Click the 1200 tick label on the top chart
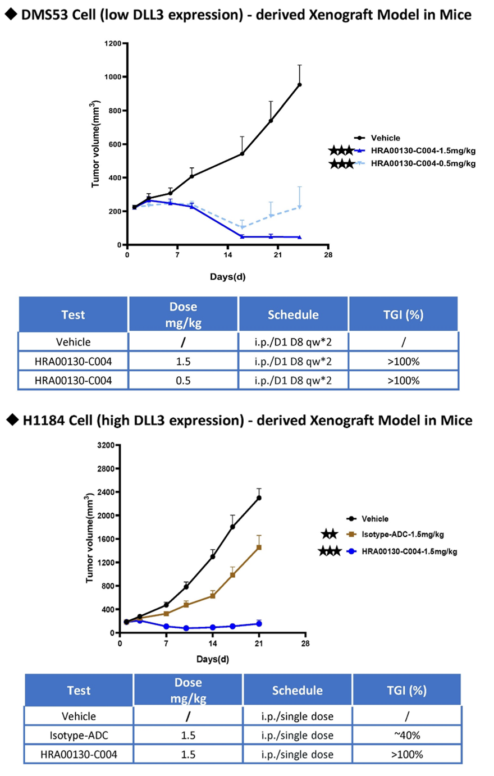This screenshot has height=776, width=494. pyautogui.click(x=113, y=43)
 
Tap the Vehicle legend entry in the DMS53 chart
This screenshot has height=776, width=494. pyautogui.click(x=385, y=138)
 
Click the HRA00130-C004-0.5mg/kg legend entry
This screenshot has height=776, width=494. pyautogui.click(x=423, y=163)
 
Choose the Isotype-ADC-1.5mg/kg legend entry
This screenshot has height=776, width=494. pyautogui.click(x=402, y=535)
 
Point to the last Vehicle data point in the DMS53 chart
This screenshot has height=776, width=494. pyautogui.click(x=300, y=85)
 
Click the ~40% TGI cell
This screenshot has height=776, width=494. pyautogui.click(x=407, y=736)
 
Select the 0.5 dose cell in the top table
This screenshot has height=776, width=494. pyautogui.click(x=183, y=381)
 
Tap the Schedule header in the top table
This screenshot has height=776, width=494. pyautogui.click(x=293, y=314)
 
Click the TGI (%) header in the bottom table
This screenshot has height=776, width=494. pyautogui.click(x=407, y=690)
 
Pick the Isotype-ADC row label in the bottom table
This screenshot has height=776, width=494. pyautogui.click(x=79, y=736)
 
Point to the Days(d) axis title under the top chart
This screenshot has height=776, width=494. pyautogui.click(x=227, y=277)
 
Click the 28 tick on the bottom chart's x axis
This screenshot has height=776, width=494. pyautogui.click(x=305, y=644)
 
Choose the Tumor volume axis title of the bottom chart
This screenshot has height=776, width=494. pyautogui.click(x=89, y=538)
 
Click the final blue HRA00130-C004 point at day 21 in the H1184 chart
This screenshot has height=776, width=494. pyautogui.click(x=259, y=624)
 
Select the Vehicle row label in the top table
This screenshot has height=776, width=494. pyautogui.click(x=73, y=342)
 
